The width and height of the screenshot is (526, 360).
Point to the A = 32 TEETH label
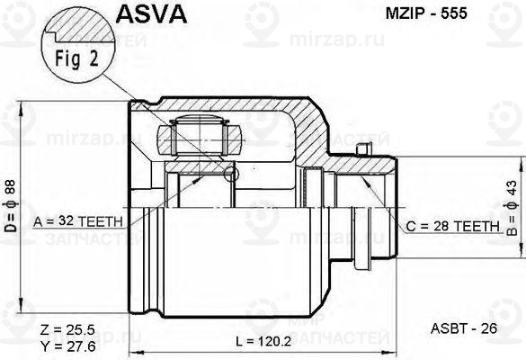[81, 220]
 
